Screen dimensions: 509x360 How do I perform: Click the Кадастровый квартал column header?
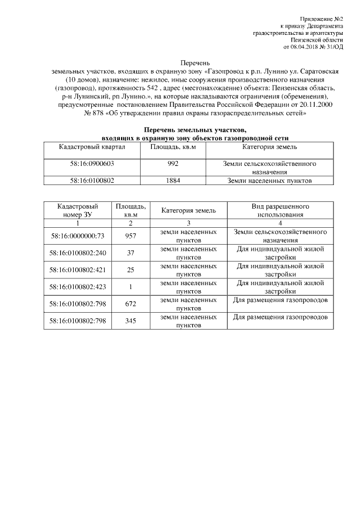click(x=92, y=147)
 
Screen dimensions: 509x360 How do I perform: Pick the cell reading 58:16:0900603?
click(x=92, y=163)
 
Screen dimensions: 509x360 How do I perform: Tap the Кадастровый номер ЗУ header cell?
click(x=78, y=210)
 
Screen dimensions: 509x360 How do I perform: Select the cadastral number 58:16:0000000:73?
click(x=78, y=236)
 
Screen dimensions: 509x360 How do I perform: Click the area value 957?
click(x=131, y=236)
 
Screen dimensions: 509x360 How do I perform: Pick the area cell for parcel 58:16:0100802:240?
click(x=131, y=253)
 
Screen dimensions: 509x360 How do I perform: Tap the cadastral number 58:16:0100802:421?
click(x=78, y=269)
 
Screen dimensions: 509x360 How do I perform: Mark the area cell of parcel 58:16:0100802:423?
click(x=131, y=287)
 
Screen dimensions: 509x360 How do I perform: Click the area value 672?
click(x=131, y=304)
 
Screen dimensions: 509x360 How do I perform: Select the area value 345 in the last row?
click(x=131, y=321)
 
